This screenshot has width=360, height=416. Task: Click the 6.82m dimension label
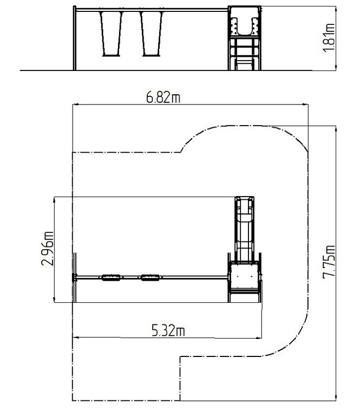click(163, 97)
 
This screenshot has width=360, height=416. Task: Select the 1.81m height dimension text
click(329, 38)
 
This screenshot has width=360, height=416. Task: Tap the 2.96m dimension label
click(48, 249)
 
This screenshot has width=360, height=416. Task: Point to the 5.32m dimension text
click(168, 331)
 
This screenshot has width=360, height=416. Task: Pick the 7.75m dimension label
click(329, 262)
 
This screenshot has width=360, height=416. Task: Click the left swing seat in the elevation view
click(111, 55)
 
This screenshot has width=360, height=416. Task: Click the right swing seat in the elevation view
click(152, 55)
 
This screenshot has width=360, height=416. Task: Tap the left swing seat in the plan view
click(111, 278)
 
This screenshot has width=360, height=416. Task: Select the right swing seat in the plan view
click(150, 278)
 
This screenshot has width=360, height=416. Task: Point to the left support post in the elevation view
click(75, 38)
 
